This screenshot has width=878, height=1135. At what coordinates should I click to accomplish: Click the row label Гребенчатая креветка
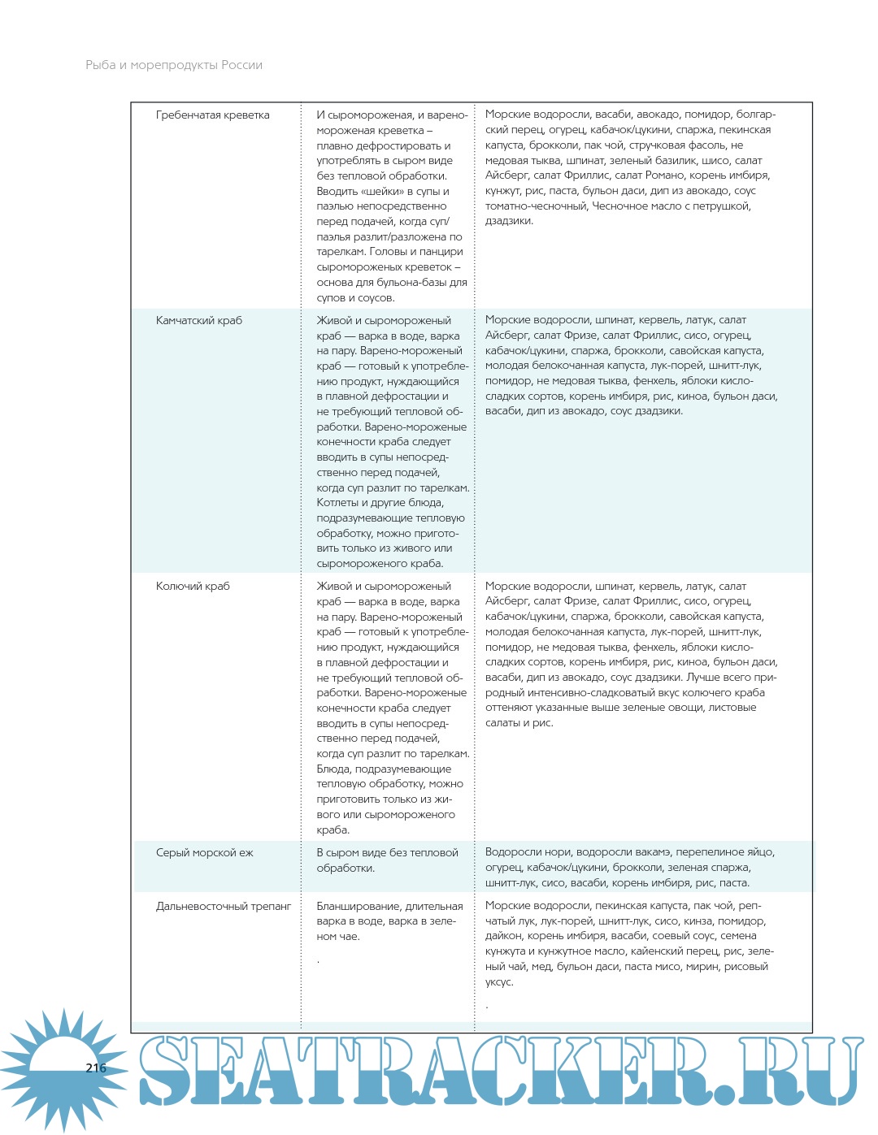click(x=212, y=115)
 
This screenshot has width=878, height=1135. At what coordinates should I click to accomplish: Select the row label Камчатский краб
click(x=199, y=321)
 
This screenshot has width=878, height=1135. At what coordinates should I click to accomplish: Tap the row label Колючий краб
click(x=193, y=587)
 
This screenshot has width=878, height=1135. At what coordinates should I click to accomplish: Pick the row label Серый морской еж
click(x=205, y=853)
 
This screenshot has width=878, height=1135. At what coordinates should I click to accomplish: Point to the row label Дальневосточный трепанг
click(x=224, y=907)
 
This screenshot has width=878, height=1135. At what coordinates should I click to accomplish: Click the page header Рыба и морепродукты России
click(x=174, y=65)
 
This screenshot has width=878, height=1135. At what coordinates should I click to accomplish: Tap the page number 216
click(x=96, y=1068)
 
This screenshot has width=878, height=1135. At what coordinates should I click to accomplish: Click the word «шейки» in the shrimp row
click(x=382, y=192)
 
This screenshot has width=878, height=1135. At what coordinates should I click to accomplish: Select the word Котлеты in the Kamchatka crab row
click(x=339, y=503)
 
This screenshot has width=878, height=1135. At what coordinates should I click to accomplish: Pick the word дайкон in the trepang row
click(x=504, y=936)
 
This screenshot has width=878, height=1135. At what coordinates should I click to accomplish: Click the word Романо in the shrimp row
click(x=665, y=175)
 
